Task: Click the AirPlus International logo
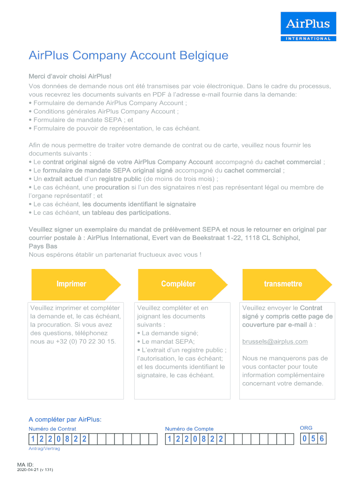(x=308, y=27)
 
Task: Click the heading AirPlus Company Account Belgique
(x=129, y=56)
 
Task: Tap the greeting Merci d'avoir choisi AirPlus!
(x=70, y=76)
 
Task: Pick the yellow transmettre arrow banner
(x=283, y=284)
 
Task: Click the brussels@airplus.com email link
(x=275, y=341)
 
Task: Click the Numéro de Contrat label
(x=52, y=428)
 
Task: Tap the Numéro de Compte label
(x=189, y=428)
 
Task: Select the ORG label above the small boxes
(x=306, y=428)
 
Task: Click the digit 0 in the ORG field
(x=305, y=439)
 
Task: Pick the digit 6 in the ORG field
(x=322, y=439)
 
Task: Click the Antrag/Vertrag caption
(x=44, y=449)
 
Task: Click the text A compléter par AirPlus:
(x=65, y=419)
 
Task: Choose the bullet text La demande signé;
(x=164, y=333)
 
